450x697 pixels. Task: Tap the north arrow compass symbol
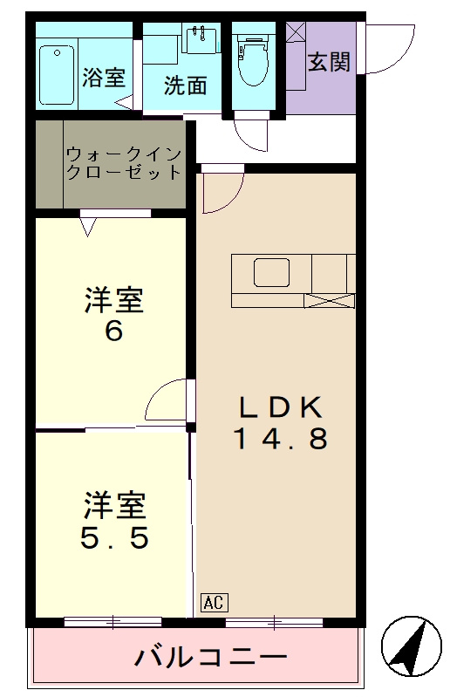[412, 646]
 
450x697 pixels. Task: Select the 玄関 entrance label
[329, 62]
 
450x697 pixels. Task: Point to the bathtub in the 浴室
[56, 75]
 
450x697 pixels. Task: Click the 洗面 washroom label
[186, 85]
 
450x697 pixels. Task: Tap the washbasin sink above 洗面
[201, 39]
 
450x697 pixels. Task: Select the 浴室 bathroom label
[104, 77]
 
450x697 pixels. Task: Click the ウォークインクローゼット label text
[124, 163]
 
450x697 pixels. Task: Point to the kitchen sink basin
[272, 272]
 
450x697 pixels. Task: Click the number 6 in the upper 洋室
[113, 331]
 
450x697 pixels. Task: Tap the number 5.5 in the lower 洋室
[114, 537]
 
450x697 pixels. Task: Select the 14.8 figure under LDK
[281, 438]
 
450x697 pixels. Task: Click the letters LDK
[281, 407]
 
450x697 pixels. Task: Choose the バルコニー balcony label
[211, 656]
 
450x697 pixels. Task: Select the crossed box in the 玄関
[296, 32]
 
